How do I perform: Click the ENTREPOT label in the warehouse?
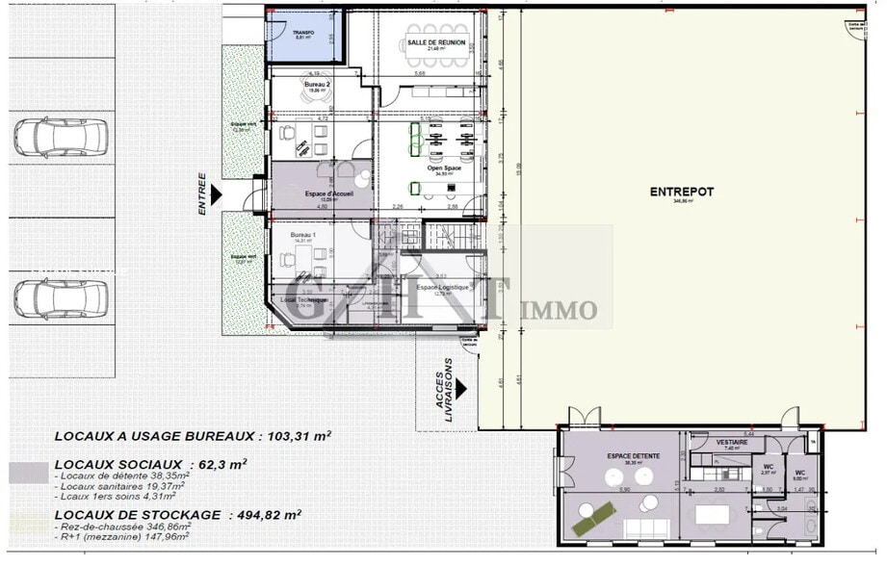(x=681, y=193)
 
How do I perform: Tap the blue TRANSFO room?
(x=303, y=37)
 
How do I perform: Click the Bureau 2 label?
(x=318, y=86)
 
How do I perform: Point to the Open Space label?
(x=444, y=168)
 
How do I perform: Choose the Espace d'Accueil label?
(x=328, y=193)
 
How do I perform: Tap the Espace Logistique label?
(x=442, y=287)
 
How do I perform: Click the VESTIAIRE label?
(x=731, y=442)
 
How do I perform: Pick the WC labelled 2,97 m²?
(x=769, y=469)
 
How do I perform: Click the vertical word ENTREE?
(x=202, y=193)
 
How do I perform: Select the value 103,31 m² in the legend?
(x=296, y=435)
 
